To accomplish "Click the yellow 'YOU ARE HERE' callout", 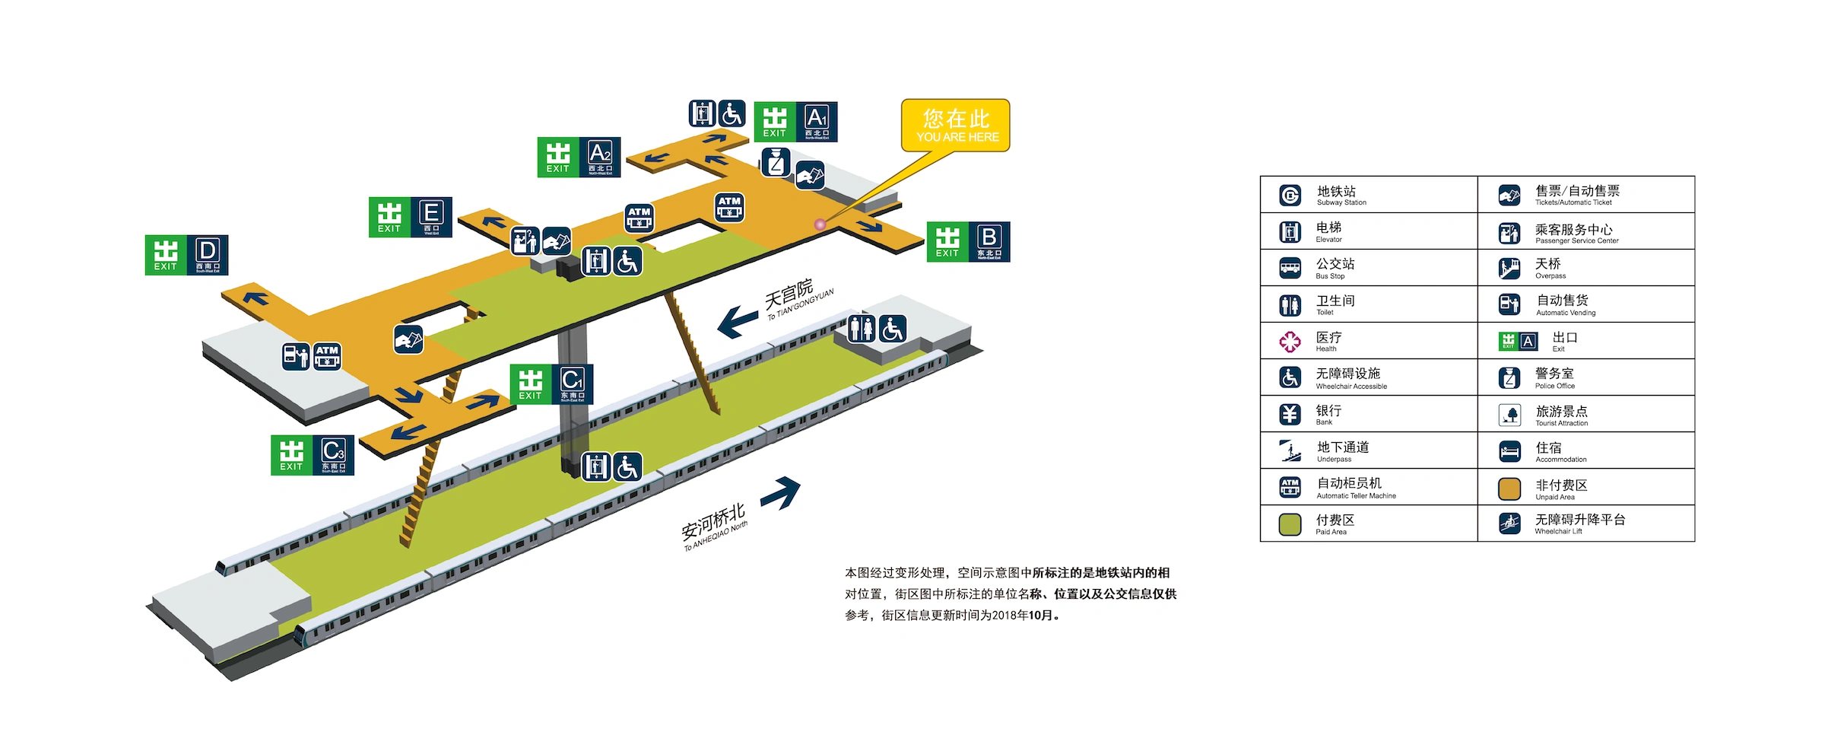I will point(956,126).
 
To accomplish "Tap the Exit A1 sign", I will point(795,122).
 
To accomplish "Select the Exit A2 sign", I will point(579,158).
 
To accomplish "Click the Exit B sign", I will point(968,242).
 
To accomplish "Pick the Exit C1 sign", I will point(551,384).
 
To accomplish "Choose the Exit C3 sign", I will point(313,455).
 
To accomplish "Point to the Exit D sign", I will point(186,255).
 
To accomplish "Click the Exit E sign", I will point(410,217).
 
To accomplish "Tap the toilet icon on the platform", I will point(861,329).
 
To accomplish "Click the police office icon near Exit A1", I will point(776,162).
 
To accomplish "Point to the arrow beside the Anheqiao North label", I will point(781,492).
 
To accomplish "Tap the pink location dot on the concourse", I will point(820,224).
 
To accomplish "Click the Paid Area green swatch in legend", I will point(1290,524).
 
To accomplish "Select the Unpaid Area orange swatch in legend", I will point(1509,489).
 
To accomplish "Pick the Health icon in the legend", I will point(1290,342).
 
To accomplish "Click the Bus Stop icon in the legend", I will point(1290,268).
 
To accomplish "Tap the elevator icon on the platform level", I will point(596,466).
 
